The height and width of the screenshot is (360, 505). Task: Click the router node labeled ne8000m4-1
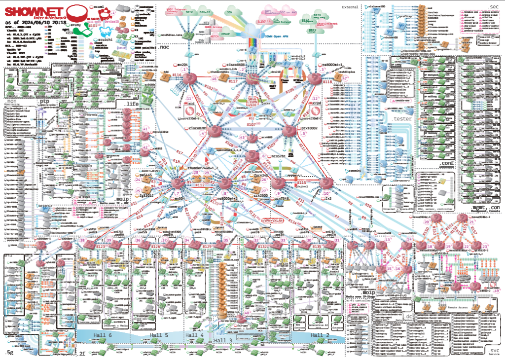[x=315, y=77]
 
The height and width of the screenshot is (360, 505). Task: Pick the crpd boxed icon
[x=317, y=105]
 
